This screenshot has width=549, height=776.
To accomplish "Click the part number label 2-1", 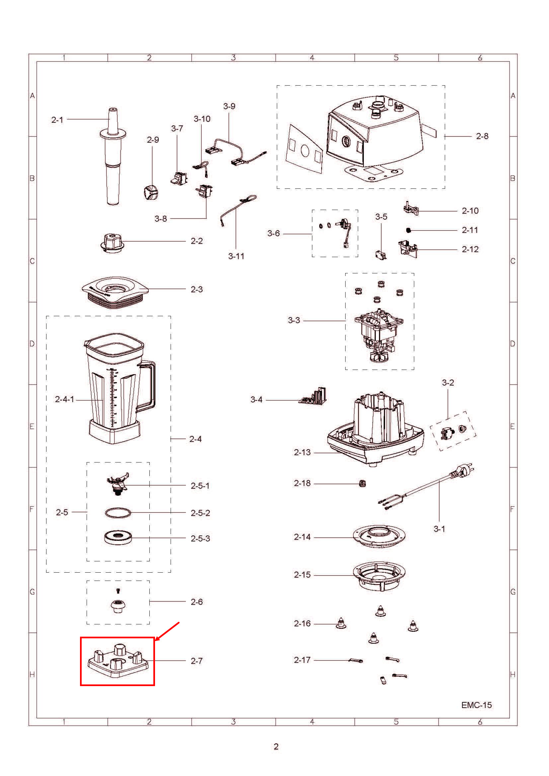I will pos(57,120).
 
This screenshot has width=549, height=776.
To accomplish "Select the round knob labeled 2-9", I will pos(149,193).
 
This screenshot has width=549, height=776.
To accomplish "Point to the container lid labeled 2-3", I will pos(115,292).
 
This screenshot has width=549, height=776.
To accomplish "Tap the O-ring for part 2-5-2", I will pos(117,513).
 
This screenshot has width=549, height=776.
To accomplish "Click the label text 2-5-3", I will pos(200,538).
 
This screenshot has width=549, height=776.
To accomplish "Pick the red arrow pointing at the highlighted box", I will pos(167,631).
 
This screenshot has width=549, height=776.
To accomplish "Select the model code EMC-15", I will pos(476,705).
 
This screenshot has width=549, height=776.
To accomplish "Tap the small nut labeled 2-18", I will pos(362,483).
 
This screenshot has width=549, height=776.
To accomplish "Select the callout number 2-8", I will pos(482,136).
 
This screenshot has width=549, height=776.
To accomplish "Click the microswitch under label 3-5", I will pos(381,254).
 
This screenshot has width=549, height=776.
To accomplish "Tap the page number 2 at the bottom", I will pos(276,746).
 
